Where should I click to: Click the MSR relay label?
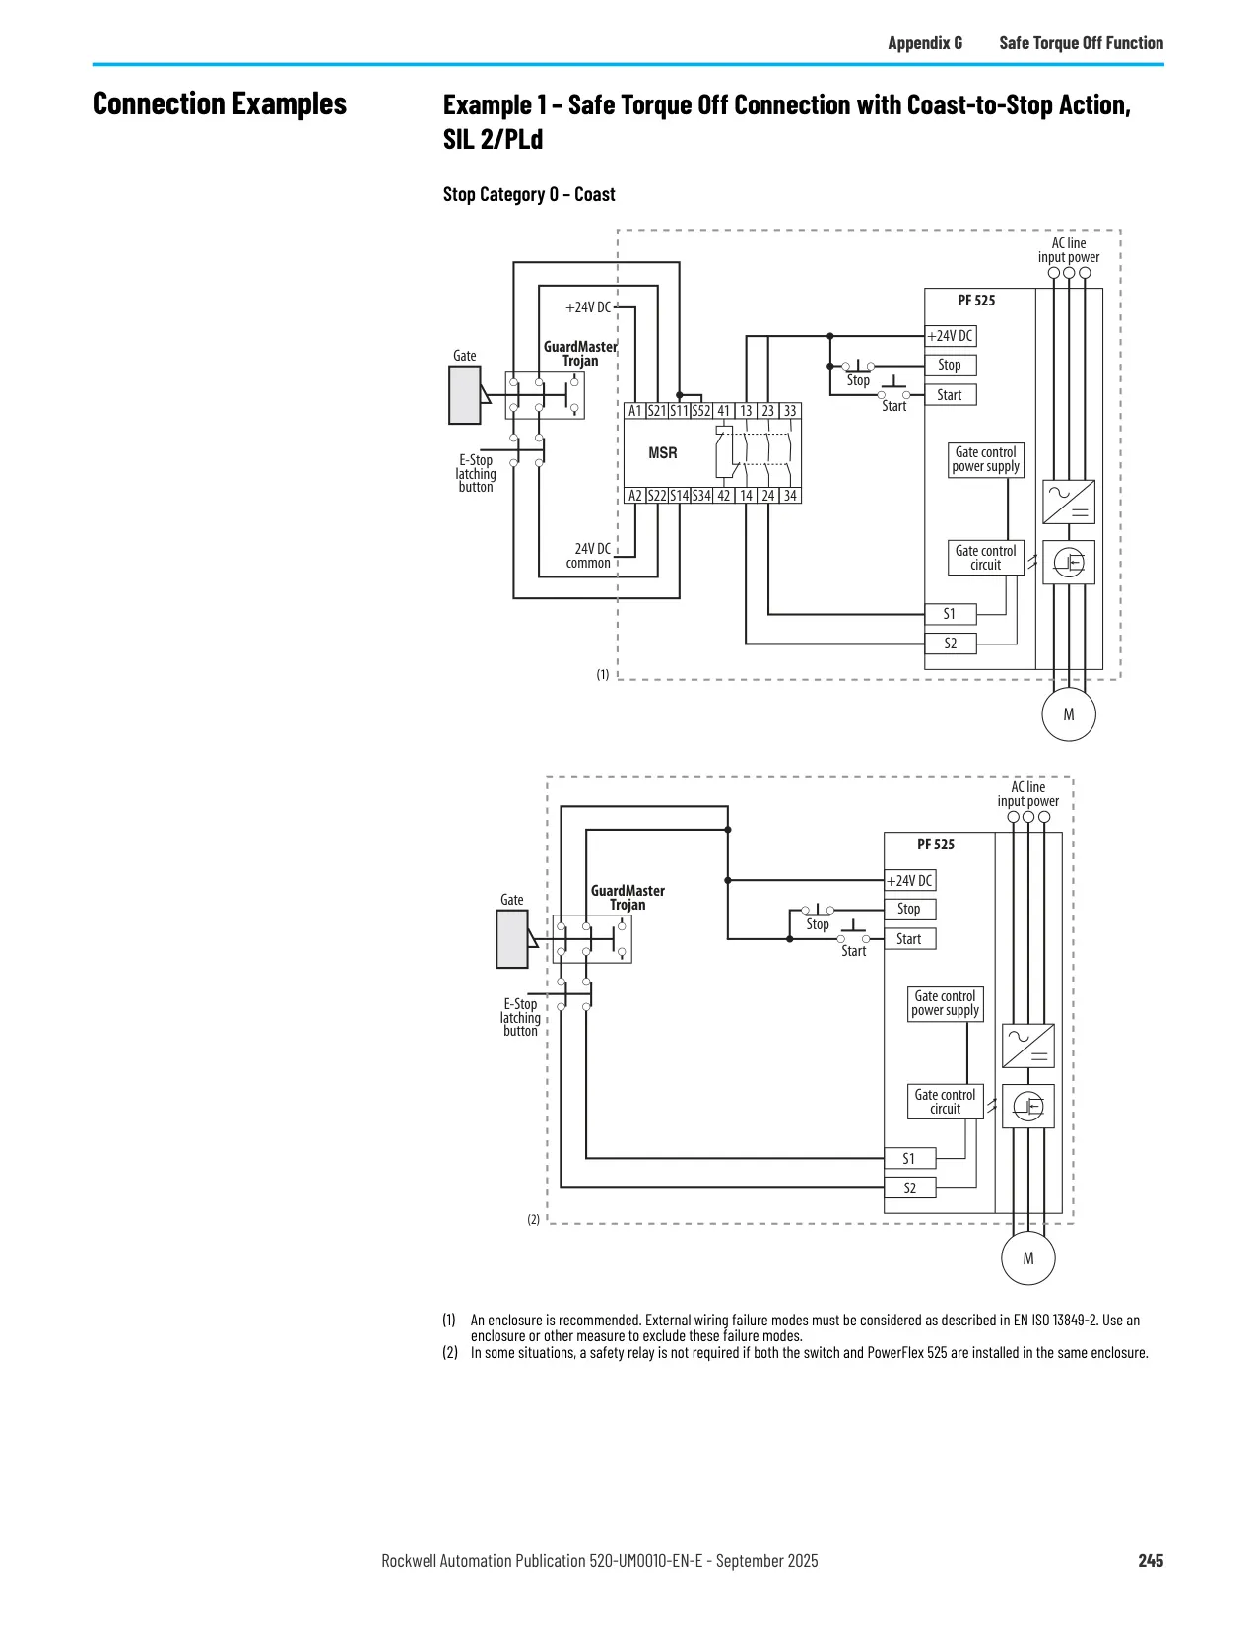pyautogui.click(x=662, y=452)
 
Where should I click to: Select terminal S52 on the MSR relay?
pyautogui.click(x=701, y=411)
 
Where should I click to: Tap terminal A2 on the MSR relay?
pyautogui.click(x=634, y=496)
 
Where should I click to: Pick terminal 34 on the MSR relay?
pyautogui.click(x=790, y=496)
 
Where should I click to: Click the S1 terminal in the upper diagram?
pyautogui.click(x=950, y=614)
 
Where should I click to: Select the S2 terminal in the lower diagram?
pyautogui.click(x=909, y=1187)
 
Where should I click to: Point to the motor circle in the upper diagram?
pyautogui.click(x=1068, y=714)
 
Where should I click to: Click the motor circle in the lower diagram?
pyautogui.click(x=1027, y=1258)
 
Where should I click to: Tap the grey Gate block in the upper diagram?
pyautogui.click(x=465, y=395)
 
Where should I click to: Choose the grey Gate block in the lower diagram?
pyautogui.click(x=511, y=939)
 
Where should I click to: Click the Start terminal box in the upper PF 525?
pyautogui.click(x=950, y=395)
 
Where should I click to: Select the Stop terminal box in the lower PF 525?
pyautogui.click(x=909, y=910)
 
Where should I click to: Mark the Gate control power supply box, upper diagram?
pyautogui.click(x=985, y=459)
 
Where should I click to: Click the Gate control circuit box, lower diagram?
pyautogui.click(x=945, y=1102)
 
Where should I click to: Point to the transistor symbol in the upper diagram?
pyautogui.click(x=1068, y=562)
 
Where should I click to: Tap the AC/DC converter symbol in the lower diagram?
pyautogui.click(x=1027, y=1046)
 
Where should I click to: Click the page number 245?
pyautogui.click(x=1151, y=1561)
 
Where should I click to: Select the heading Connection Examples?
pyautogui.click(x=219, y=104)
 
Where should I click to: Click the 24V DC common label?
pyautogui.click(x=589, y=556)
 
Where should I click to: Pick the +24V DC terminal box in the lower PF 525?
pyautogui.click(x=909, y=881)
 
